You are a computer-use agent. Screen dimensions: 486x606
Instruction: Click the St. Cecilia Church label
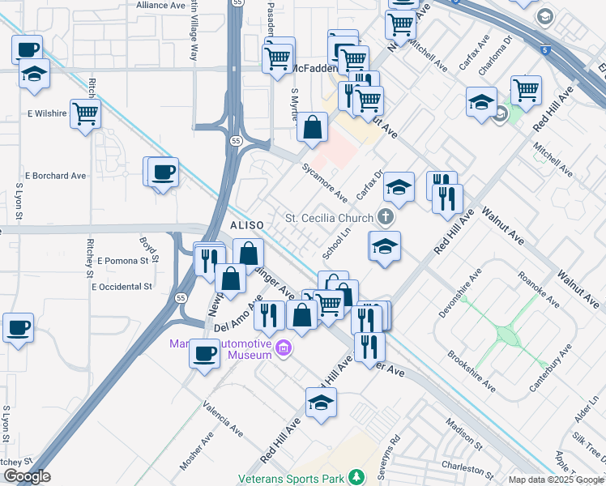330,218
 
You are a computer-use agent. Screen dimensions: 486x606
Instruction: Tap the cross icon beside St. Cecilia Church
386,217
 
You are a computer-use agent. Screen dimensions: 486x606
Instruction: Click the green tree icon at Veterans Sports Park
355,479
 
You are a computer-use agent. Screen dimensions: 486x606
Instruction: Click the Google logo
27,477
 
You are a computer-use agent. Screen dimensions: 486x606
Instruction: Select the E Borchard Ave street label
55,175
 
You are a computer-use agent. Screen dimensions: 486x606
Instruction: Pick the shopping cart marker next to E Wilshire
85,113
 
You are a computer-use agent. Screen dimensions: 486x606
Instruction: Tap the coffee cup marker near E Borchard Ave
164,173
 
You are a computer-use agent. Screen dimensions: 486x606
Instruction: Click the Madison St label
464,433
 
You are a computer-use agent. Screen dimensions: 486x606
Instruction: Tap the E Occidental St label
122,287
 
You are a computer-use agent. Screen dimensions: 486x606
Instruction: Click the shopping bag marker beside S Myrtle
312,127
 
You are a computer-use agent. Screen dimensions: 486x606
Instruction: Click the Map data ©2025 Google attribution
556,480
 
